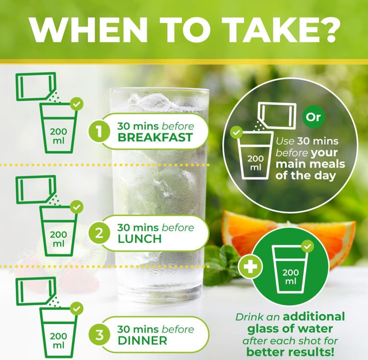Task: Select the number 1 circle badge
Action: [x=99, y=131]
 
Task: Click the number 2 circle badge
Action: [x=99, y=233]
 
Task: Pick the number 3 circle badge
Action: [x=99, y=335]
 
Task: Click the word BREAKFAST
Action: [x=155, y=138]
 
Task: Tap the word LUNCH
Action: [x=140, y=239]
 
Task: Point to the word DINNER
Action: [x=143, y=341]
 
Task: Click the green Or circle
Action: [x=313, y=117]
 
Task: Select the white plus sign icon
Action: [x=250, y=267]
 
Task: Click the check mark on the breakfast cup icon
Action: [x=77, y=104]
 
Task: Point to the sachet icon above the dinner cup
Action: [x=36, y=291]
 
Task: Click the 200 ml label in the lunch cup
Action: [x=58, y=239]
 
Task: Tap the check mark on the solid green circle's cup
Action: [x=308, y=246]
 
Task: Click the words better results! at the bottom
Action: [x=290, y=352]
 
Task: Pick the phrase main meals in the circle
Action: [x=310, y=164]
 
